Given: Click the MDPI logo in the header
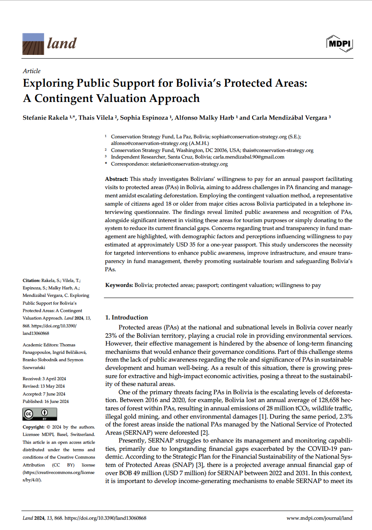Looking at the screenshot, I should point(339,44).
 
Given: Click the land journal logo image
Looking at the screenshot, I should point(33,44).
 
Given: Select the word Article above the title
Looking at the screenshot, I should point(31,71).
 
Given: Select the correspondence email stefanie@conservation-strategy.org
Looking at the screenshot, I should point(191,164).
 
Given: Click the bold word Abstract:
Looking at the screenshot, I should point(117,179).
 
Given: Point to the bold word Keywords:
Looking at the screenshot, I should point(119,285).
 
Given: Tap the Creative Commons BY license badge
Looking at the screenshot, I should point(40,414).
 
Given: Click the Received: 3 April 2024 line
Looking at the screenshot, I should point(44,379).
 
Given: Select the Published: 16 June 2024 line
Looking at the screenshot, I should point(45,401).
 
